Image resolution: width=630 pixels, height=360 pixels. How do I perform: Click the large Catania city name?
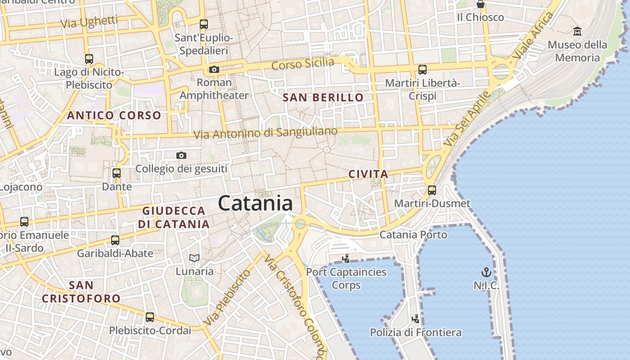(x=255, y=203)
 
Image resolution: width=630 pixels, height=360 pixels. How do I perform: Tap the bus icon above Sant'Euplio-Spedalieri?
(x=204, y=24)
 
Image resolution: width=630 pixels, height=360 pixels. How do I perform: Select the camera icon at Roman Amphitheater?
(x=214, y=69)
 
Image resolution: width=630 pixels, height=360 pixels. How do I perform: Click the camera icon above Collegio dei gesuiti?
(x=181, y=156)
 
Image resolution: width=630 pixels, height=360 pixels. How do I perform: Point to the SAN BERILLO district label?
(x=323, y=97)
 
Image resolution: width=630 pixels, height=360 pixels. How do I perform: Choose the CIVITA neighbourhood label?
(x=368, y=174)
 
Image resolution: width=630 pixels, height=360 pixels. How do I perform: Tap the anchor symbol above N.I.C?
(x=486, y=272)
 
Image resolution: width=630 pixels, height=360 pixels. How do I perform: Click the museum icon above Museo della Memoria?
(x=577, y=31)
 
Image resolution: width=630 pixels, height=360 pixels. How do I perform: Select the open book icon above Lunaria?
(x=194, y=258)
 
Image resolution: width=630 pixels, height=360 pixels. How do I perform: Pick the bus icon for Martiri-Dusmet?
(x=432, y=190)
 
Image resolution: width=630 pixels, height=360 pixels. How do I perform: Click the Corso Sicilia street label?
(x=303, y=63)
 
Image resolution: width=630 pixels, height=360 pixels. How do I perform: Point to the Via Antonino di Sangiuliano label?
(x=265, y=133)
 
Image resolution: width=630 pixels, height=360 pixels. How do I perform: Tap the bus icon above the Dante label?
(x=117, y=173)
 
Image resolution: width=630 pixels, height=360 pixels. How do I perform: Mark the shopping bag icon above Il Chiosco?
(x=481, y=4)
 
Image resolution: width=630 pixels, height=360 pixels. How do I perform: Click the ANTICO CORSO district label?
(x=114, y=115)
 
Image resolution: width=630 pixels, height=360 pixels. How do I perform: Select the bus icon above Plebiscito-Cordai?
(x=150, y=317)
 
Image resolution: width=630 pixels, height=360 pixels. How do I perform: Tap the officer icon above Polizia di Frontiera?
(x=416, y=319)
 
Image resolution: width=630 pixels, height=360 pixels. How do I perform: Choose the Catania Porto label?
(x=414, y=234)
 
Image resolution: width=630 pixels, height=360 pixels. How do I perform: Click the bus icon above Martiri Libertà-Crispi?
(x=423, y=70)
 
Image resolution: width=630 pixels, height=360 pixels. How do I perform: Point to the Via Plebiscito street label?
(x=226, y=298)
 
